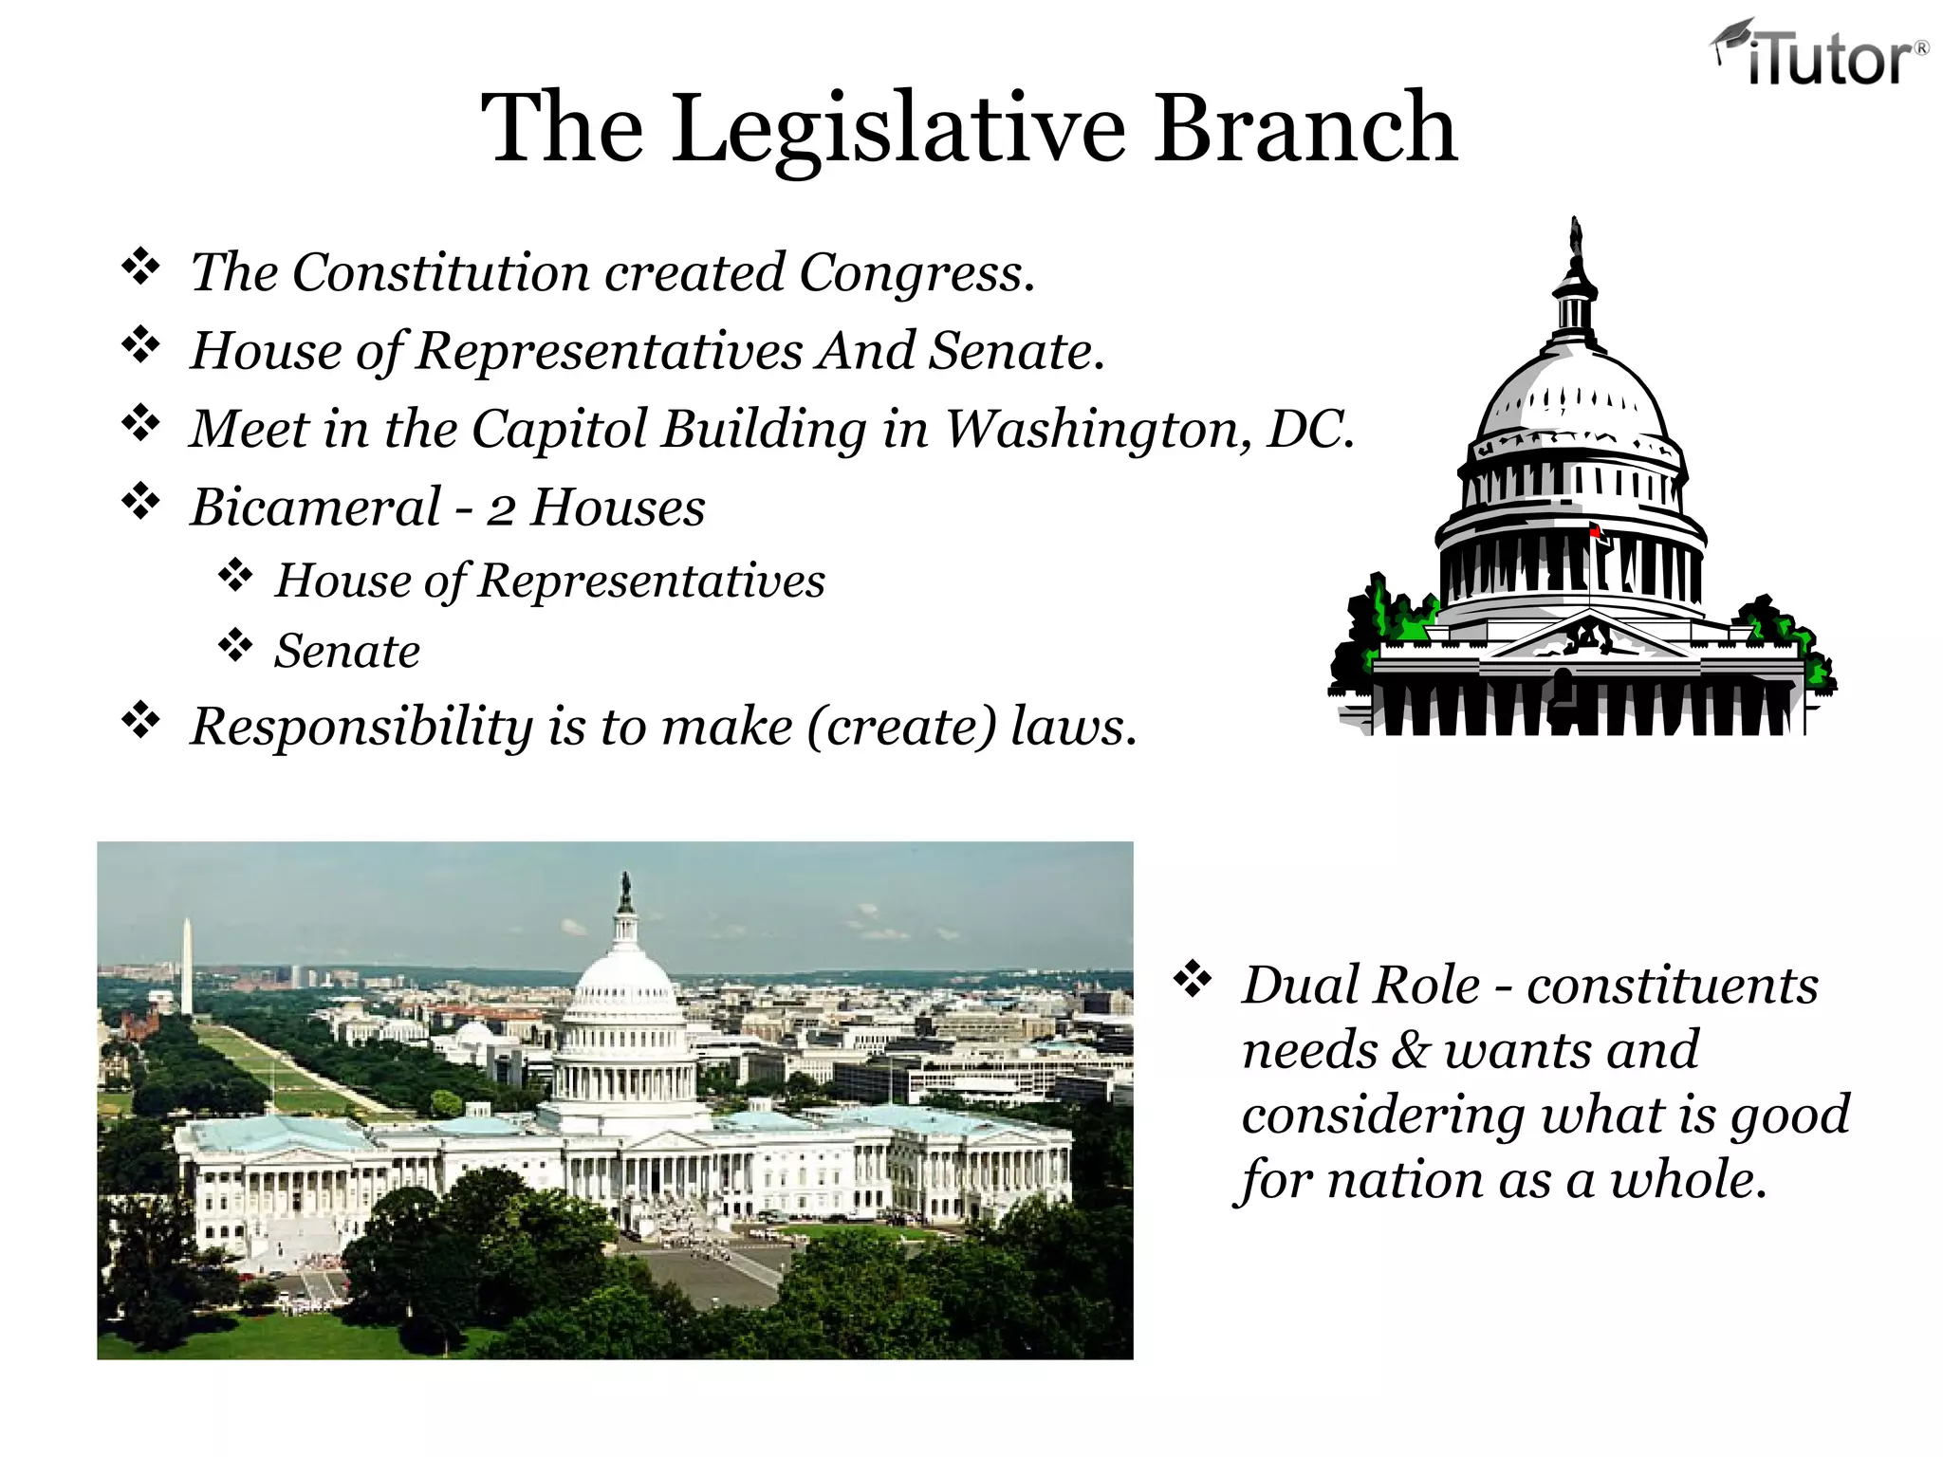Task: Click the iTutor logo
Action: pos(1820,53)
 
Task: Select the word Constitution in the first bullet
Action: pos(440,273)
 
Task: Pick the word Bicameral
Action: pos(316,507)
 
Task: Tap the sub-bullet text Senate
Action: pos(346,652)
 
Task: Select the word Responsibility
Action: pos(361,728)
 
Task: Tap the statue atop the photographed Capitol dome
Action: pos(625,891)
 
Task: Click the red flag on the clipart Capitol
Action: pos(1596,531)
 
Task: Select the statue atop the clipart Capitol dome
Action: pos(1577,237)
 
